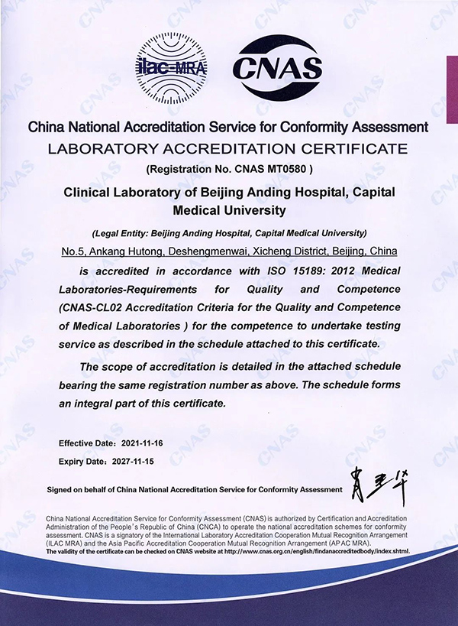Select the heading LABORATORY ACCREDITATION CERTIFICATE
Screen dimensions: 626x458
tap(228, 148)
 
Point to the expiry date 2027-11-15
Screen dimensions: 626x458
tap(132, 462)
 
